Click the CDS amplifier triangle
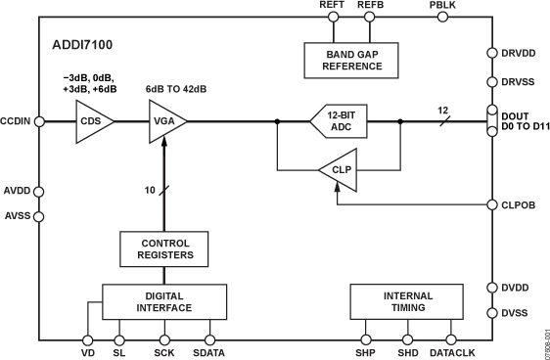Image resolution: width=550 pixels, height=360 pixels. click(x=93, y=121)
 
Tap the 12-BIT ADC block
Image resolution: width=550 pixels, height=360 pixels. click(x=339, y=121)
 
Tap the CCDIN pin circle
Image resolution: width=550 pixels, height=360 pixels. click(x=39, y=121)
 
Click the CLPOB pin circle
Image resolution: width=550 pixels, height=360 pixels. click(x=491, y=204)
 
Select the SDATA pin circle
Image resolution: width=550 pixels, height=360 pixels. click(x=208, y=339)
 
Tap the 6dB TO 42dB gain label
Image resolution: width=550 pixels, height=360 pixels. click(x=176, y=89)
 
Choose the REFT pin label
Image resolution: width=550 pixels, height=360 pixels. click(x=333, y=6)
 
